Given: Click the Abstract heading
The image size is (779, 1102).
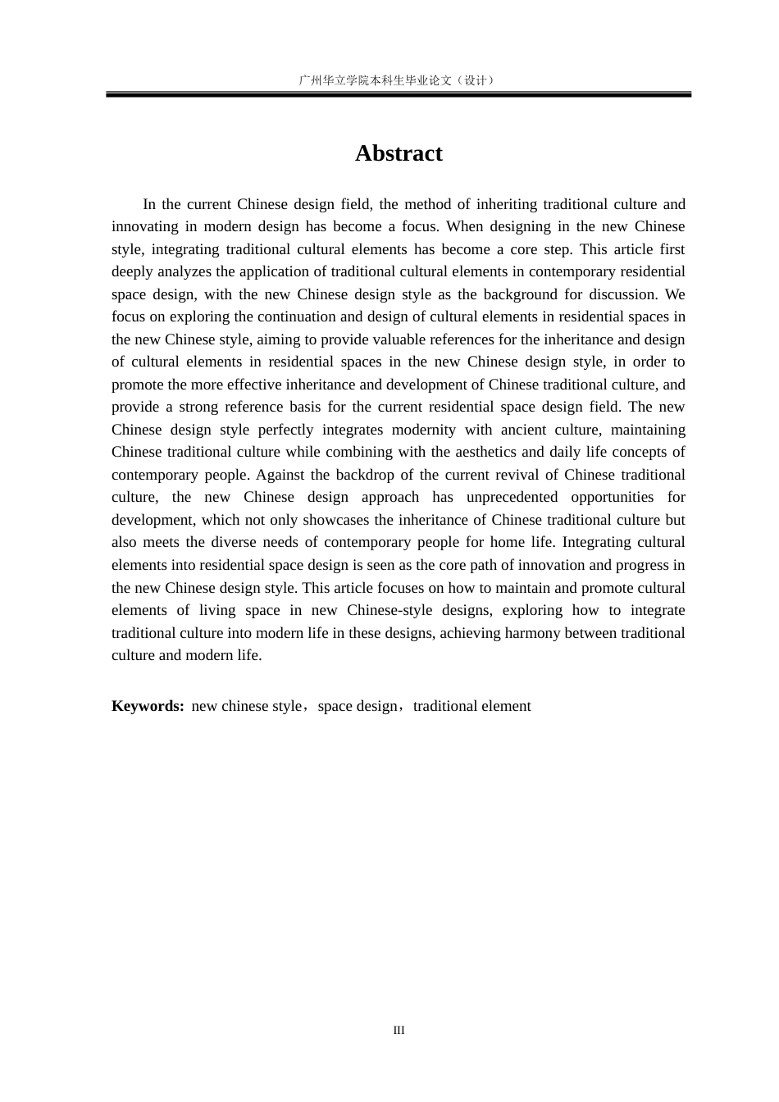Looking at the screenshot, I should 399,153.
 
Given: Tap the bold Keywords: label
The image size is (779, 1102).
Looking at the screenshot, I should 148,706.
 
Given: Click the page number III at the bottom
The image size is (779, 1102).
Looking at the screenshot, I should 399,1031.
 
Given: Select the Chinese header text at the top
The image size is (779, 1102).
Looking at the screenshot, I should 399,80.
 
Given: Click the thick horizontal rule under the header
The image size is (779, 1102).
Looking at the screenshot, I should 399,95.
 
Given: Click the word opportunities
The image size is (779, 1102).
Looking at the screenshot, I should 613,497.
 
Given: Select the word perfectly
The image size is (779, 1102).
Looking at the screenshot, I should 285,430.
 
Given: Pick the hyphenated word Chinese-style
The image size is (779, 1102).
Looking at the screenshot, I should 389,610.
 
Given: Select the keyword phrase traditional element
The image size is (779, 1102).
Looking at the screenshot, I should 471,706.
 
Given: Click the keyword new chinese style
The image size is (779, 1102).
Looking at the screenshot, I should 246,706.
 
